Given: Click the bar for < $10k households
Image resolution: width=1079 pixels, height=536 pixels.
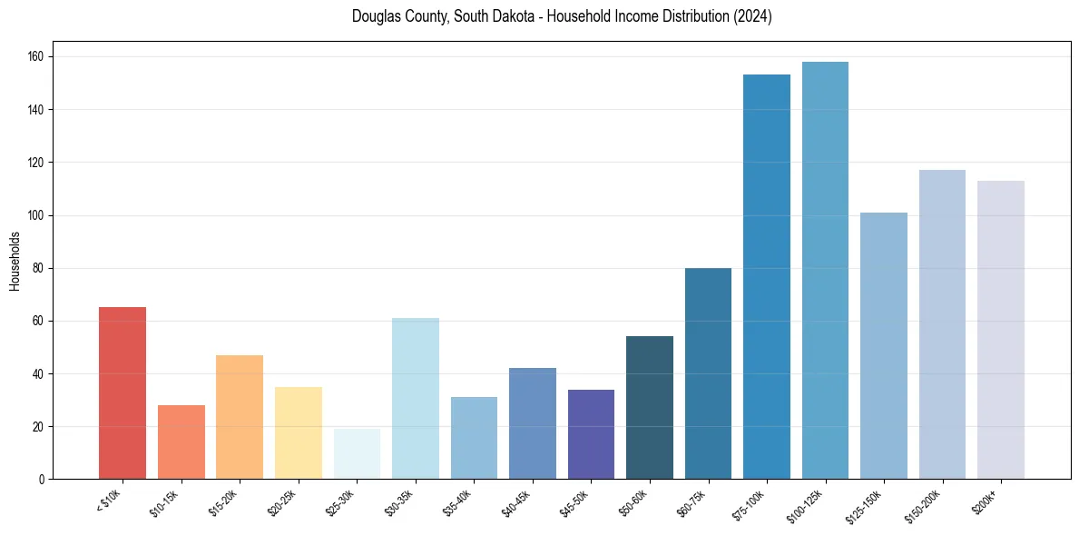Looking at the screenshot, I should [x=123, y=393].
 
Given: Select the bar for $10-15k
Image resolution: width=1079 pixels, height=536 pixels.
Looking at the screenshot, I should [x=181, y=442].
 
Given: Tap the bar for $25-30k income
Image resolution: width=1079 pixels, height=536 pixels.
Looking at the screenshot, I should [x=357, y=454].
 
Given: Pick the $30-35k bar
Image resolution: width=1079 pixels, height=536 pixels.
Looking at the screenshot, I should [x=416, y=399].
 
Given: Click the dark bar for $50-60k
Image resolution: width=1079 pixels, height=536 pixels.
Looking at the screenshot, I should [x=650, y=408].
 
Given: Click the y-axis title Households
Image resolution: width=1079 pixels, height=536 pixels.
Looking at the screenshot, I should [x=15, y=261].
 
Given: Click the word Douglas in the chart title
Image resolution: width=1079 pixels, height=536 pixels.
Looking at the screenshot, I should [x=375, y=16].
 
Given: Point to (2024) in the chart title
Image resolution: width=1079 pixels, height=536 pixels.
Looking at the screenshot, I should [x=752, y=16].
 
